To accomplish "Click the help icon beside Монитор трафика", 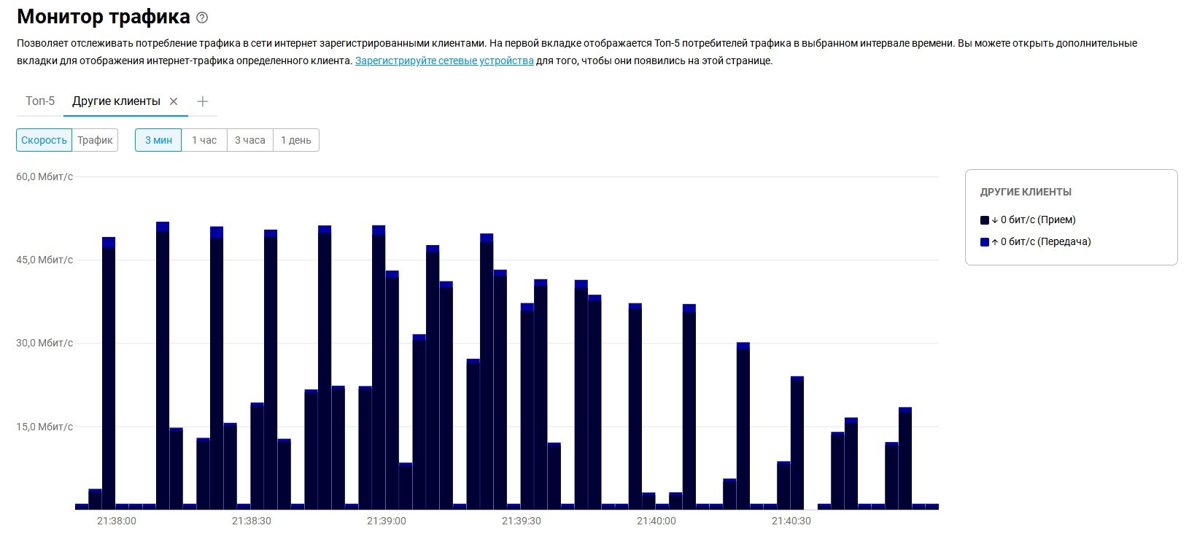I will click(x=202, y=18).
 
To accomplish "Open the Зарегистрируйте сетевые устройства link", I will click(x=444, y=61).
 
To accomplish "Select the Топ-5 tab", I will click(x=40, y=101).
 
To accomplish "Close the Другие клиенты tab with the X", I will click(x=174, y=101).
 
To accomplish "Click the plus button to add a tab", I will click(x=203, y=101).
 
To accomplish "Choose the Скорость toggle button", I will click(x=44, y=140).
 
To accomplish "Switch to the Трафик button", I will click(x=95, y=140).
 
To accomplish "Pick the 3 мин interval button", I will click(x=158, y=140).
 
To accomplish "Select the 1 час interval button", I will click(x=204, y=140).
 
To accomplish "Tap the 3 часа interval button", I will click(x=249, y=140).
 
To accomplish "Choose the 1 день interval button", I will click(x=295, y=140).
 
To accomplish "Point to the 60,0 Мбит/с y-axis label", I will click(x=44, y=176).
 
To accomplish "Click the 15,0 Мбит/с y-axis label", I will click(x=44, y=427).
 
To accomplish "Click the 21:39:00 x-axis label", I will click(x=386, y=521).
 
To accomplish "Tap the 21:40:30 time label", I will click(x=791, y=521).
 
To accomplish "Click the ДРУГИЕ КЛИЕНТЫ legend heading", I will click(x=1026, y=192).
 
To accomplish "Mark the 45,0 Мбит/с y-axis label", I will click(x=44, y=260).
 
